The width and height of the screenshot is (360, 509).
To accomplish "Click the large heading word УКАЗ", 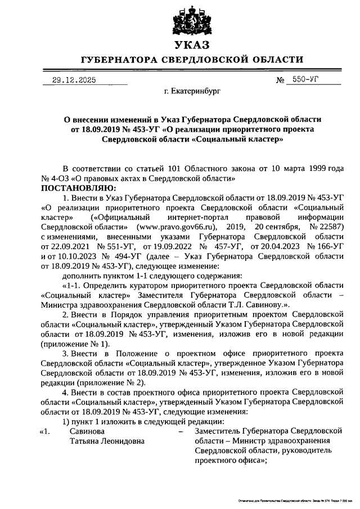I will tap(192, 45).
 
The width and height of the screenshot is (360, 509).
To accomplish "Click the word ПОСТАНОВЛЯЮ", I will tap(77, 187).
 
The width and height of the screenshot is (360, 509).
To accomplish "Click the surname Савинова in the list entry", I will tap(87, 431).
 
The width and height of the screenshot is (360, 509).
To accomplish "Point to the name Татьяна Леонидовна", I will tap(107, 441).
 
